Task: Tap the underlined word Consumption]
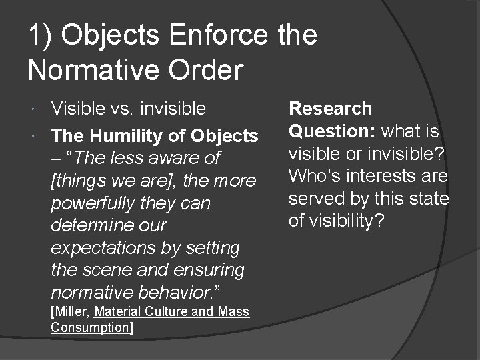coord(92,327)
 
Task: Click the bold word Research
coord(330,108)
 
